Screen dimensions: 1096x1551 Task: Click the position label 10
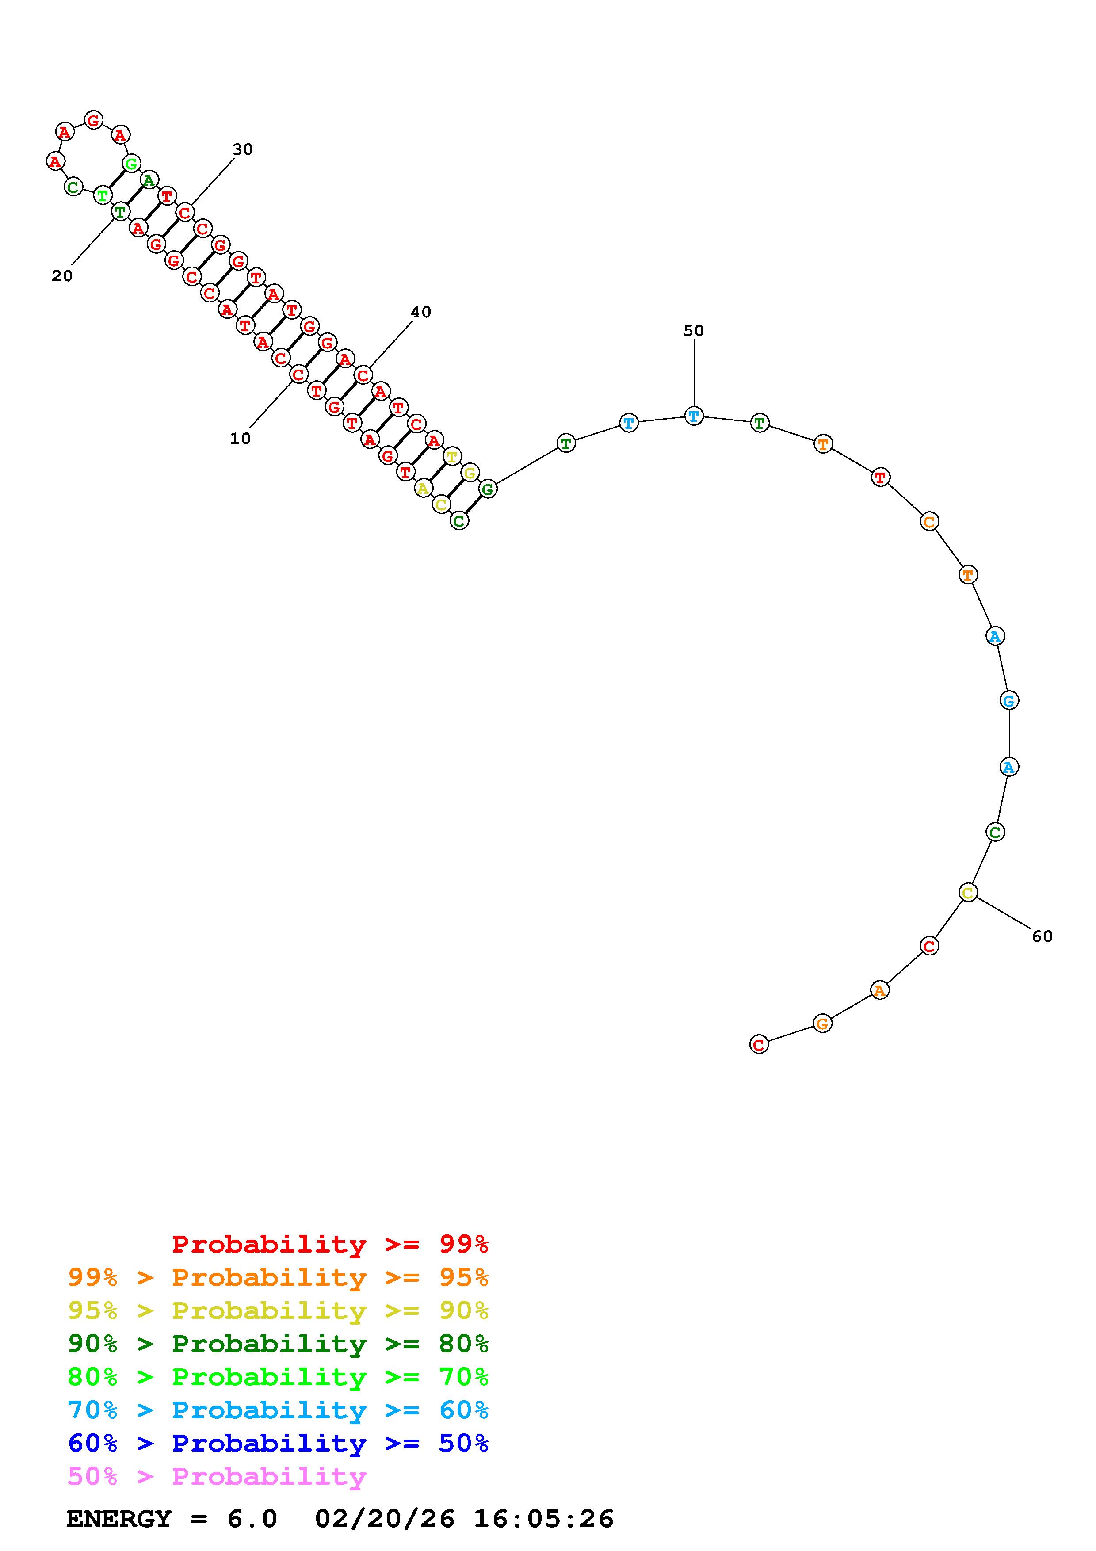(x=241, y=439)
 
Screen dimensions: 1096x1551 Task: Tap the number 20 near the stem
(x=62, y=275)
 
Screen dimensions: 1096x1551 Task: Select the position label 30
(x=242, y=149)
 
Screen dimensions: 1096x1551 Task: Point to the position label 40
(x=421, y=312)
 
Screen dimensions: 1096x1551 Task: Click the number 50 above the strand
(x=694, y=330)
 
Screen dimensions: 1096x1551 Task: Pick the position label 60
(x=1042, y=936)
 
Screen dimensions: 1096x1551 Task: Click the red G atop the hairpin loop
(x=93, y=120)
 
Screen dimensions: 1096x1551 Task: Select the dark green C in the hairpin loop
(x=73, y=187)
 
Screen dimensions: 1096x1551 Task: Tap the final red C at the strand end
(x=759, y=1044)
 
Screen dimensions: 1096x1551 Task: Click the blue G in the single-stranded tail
(x=1009, y=700)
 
